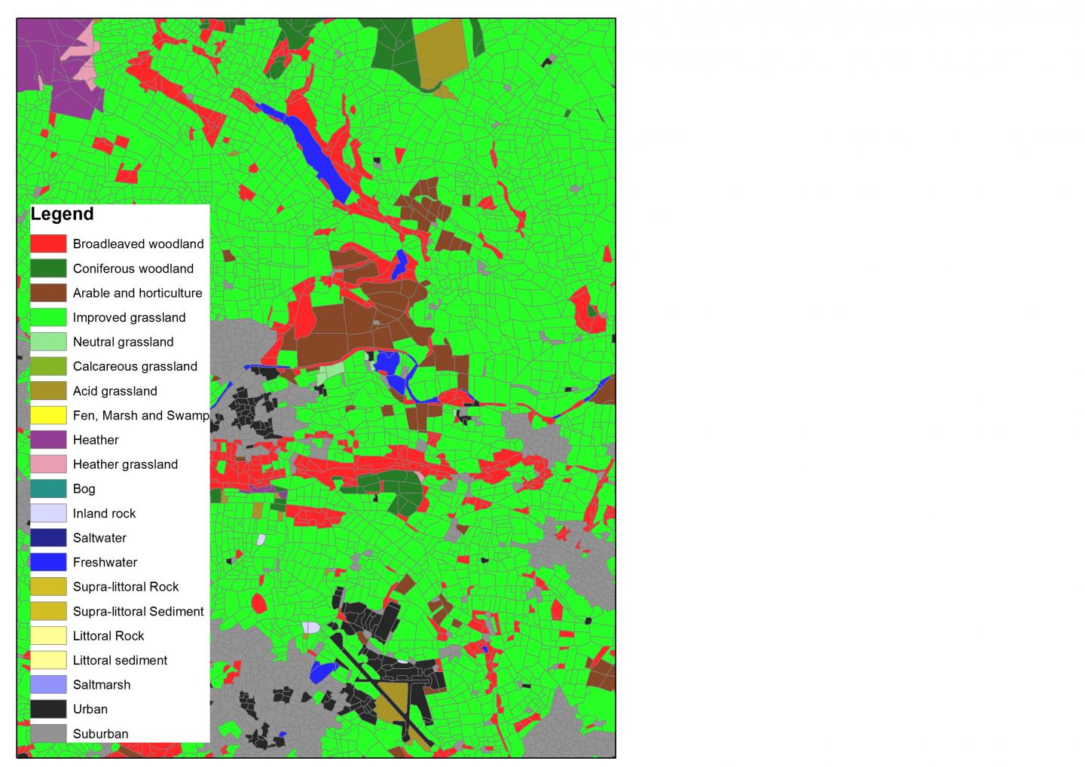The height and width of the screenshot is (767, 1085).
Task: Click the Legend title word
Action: click(x=62, y=214)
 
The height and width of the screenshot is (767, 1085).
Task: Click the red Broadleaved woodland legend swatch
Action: click(x=48, y=244)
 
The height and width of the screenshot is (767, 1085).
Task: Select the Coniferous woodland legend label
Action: click(x=133, y=269)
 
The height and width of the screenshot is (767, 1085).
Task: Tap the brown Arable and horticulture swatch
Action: click(x=48, y=293)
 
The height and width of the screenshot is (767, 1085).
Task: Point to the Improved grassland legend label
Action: click(x=129, y=318)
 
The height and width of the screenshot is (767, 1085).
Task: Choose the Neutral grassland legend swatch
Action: click(x=48, y=342)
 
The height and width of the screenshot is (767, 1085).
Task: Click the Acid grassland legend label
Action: click(x=115, y=391)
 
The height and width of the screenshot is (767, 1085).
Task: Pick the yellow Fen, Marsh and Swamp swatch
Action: click(x=48, y=415)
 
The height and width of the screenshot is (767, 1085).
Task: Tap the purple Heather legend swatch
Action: click(x=48, y=440)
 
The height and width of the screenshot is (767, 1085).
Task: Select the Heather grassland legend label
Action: click(x=125, y=465)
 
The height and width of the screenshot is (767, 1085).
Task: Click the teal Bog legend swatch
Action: click(x=48, y=489)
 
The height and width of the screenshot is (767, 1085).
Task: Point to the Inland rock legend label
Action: click(x=104, y=514)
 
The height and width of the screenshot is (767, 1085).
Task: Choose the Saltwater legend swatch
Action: click(x=48, y=538)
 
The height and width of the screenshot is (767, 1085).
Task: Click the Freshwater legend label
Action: click(x=105, y=563)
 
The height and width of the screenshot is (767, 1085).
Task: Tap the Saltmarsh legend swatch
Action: click(x=48, y=685)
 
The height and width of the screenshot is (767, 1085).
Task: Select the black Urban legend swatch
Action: click(x=48, y=709)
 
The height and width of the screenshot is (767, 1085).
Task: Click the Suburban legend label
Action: click(x=100, y=734)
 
